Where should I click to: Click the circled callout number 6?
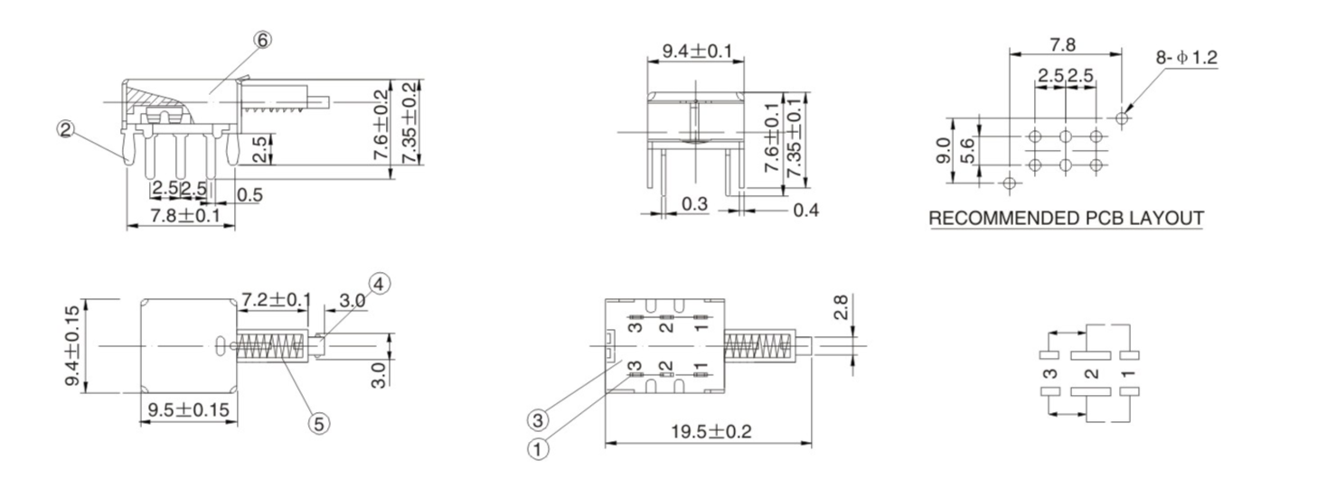(263, 40)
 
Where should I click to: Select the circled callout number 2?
(65, 129)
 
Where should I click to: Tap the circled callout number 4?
(379, 284)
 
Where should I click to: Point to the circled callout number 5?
(318, 421)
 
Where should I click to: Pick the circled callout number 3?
(539, 419)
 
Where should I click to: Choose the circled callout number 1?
(539, 448)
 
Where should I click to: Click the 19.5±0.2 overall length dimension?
(710, 432)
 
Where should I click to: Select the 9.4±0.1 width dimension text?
(697, 52)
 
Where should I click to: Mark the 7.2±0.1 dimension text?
(276, 299)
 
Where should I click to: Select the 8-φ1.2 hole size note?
(1186, 58)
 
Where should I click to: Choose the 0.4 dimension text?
(805, 210)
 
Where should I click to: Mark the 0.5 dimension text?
(249, 194)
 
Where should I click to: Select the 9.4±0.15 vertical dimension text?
(74, 346)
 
